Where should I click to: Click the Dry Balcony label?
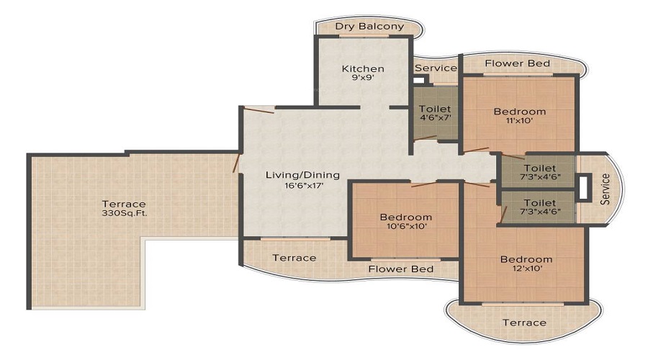369,27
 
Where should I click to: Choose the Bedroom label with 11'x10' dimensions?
519,112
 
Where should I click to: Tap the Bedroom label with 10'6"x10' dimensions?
406,217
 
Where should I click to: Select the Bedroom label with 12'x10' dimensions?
526,259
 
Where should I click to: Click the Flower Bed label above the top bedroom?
517,63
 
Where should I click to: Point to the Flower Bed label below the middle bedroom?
401,269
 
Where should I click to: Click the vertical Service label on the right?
605,189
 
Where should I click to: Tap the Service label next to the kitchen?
436,68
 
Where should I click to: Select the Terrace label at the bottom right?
524,323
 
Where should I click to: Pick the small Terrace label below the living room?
294,258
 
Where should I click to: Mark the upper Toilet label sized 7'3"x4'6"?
539,168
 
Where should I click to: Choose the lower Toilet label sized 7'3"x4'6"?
539,203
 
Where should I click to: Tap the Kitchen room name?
363,69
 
